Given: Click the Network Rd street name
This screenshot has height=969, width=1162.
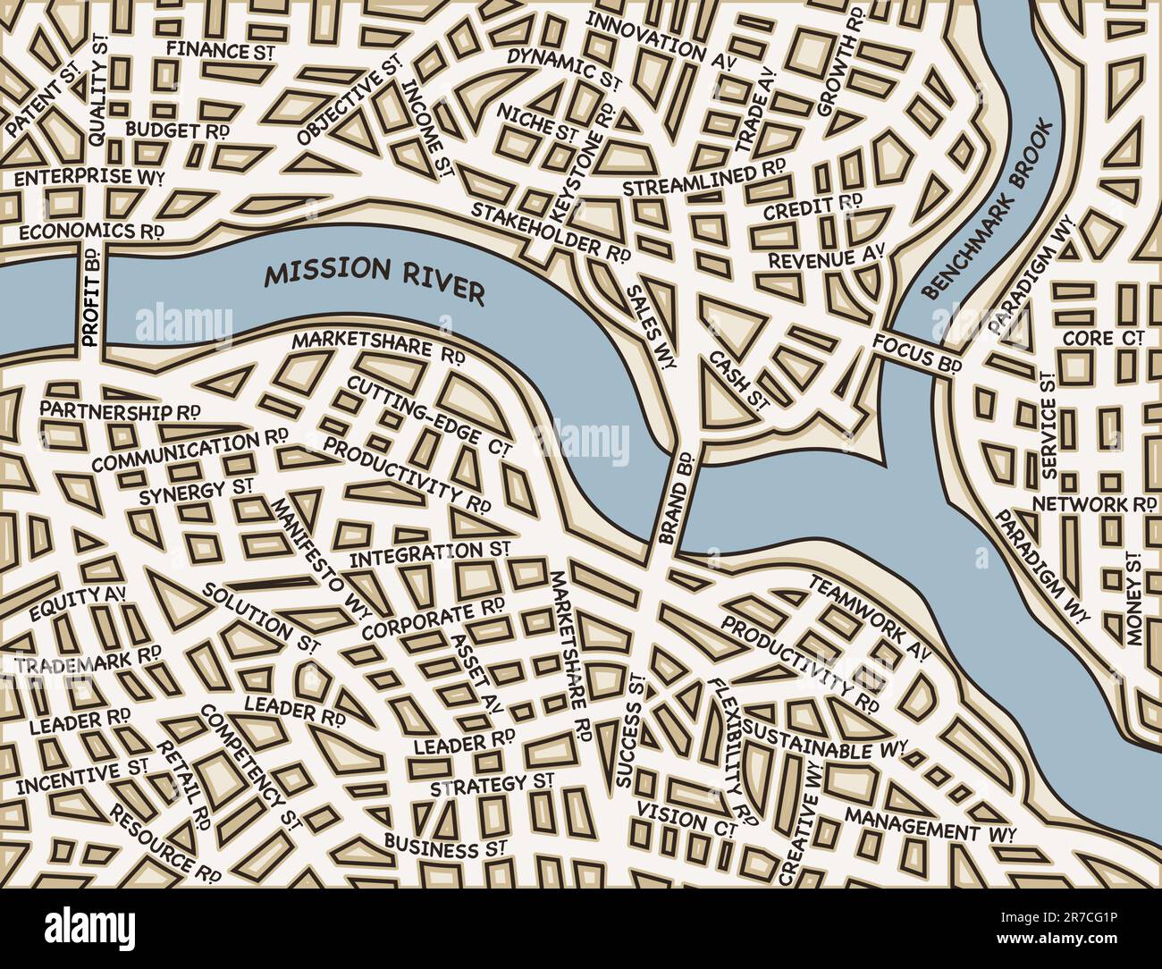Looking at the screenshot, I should point(1093,504).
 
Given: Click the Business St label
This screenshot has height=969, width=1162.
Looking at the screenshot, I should point(446,845).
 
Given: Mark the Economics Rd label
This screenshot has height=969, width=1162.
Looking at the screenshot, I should point(92,231).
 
